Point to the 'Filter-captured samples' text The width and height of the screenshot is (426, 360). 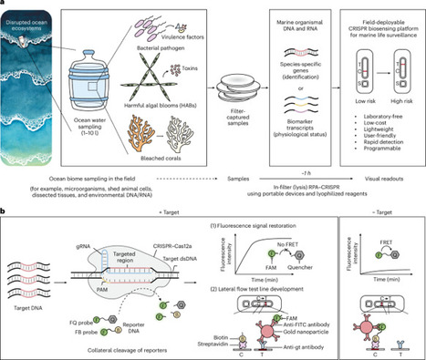(242, 122)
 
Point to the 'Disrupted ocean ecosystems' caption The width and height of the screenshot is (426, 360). (30, 17)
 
